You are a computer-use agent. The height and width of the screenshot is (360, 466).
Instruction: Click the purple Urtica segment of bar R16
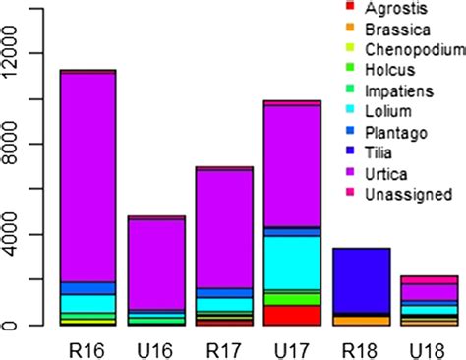[x=88, y=177]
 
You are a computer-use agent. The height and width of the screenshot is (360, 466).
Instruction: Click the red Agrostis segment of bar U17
[x=293, y=315]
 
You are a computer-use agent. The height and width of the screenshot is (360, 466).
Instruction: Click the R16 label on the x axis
[x=88, y=348]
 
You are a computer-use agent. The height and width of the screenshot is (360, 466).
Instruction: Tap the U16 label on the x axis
[x=157, y=348]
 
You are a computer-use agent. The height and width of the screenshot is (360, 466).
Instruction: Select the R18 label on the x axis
[x=361, y=348]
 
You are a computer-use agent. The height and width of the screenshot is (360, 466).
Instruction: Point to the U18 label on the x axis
[x=429, y=348]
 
